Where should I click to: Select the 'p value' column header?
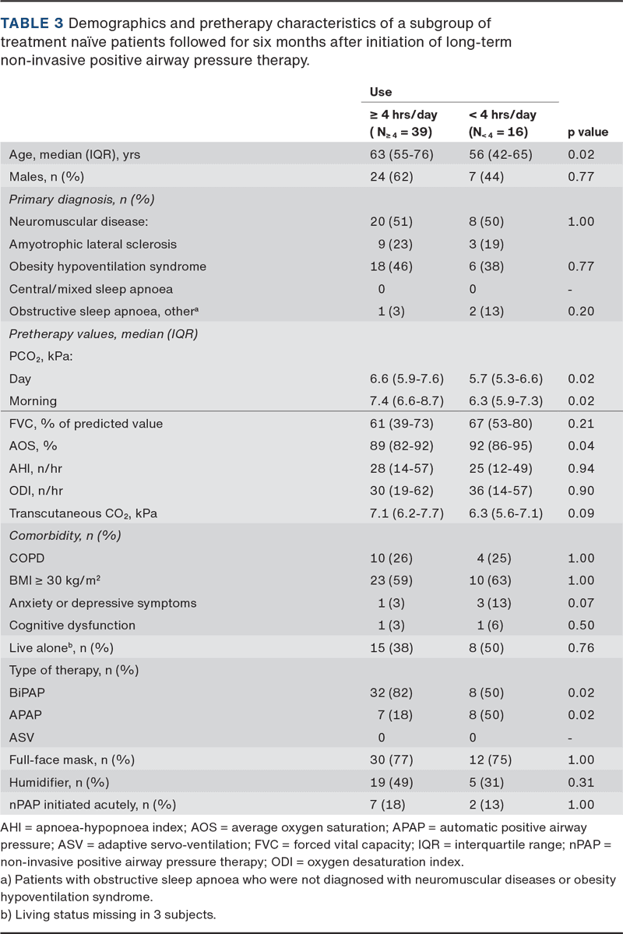(588, 132)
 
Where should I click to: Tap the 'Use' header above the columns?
(381, 92)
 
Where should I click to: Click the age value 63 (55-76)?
(401, 154)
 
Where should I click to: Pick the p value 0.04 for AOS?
(581, 446)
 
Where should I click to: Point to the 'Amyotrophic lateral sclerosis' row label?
(93, 245)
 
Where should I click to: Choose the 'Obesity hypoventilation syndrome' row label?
(107, 266)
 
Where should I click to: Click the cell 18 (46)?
(391, 266)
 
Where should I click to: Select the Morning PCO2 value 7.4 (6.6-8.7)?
(407, 401)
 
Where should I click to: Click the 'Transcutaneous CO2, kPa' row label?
(83, 513)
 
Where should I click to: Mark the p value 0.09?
(581, 513)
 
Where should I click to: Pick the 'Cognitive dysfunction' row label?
(72, 626)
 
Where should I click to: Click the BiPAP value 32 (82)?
(391, 693)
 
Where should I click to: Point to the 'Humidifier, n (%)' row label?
(59, 782)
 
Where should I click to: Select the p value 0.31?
(581, 782)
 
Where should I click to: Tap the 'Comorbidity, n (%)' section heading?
(65, 535)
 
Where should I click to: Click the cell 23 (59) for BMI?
(391, 580)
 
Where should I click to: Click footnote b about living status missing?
(108, 915)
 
